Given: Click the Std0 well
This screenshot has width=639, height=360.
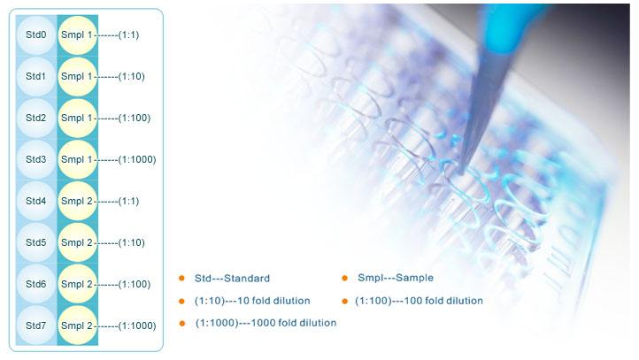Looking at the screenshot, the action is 36,35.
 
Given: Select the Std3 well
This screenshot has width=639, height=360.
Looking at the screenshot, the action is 36,159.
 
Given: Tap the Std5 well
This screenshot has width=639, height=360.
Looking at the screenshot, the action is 36,242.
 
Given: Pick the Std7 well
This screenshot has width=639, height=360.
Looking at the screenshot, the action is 36,326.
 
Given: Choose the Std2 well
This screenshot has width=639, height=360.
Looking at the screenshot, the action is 36,119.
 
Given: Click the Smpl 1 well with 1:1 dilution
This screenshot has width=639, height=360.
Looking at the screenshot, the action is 77,35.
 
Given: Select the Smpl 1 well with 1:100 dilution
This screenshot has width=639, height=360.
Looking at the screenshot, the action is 77,119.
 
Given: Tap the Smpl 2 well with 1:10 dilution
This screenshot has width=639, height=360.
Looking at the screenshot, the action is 77,242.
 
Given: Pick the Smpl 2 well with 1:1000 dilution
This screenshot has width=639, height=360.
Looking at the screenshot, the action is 77,326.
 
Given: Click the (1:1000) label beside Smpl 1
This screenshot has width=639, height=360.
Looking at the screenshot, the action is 137,159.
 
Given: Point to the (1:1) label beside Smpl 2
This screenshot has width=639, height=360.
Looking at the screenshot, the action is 128,201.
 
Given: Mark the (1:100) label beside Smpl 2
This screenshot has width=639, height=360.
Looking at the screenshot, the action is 134,284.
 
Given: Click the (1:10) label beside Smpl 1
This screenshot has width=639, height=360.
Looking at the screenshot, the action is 131,77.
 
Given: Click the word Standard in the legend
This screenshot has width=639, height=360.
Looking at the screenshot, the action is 247,279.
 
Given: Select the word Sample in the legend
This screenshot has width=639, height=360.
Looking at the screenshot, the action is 414,278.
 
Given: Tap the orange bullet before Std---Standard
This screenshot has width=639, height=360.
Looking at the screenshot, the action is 181,278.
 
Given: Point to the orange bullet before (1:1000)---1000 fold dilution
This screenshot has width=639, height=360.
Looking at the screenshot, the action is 182,324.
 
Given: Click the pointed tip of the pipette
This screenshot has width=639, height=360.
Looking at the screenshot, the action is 460,172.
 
